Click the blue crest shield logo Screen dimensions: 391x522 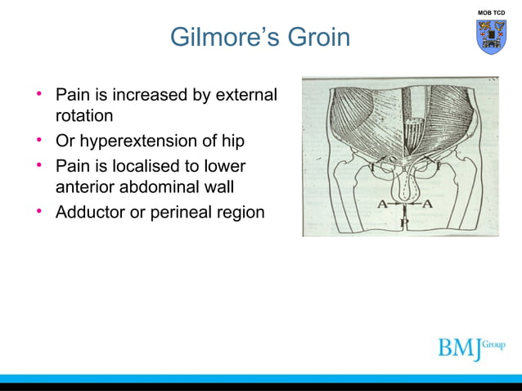(x=492, y=38)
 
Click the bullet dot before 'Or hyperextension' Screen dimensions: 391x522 (x=39, y=140)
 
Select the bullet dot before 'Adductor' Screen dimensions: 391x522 (x=39, y=212)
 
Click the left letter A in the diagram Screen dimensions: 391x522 (x=381, y=204)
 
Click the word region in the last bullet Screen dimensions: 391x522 (x=241, y=213)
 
